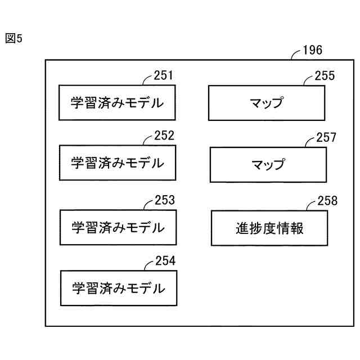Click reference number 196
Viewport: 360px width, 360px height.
point(312,50)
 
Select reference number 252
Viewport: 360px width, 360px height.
point(164,136)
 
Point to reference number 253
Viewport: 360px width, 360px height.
point(164,200)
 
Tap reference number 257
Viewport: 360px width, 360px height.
point(326,138)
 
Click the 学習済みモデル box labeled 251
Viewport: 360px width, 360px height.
point(117,102)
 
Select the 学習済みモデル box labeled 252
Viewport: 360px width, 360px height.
point(118,163)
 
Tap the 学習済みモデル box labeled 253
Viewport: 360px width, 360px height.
point(118,227)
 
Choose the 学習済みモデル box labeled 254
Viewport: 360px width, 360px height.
point(119,288)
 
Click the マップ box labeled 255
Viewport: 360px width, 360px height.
point(267,103)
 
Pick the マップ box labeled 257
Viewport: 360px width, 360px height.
point(268,165)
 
